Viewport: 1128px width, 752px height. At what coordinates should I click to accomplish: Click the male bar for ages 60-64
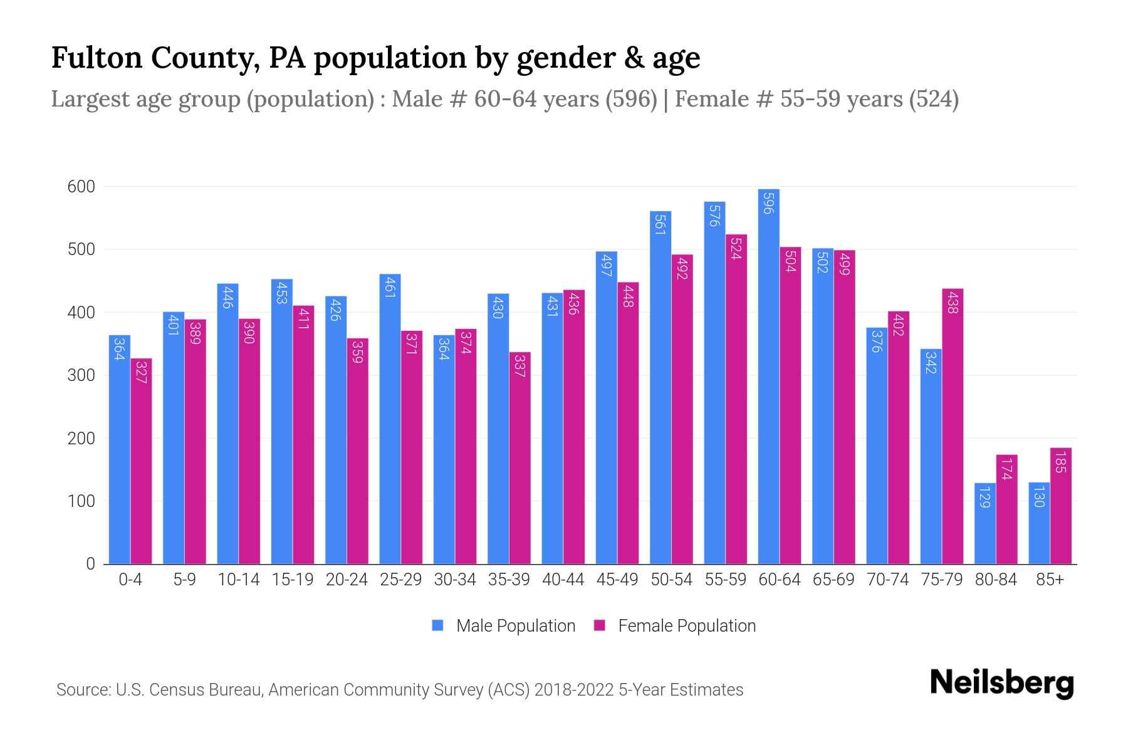click(768, 376)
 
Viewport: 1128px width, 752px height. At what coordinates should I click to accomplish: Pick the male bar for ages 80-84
click(985, 523)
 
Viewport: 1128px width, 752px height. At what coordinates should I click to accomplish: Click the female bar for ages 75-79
click(953, 426)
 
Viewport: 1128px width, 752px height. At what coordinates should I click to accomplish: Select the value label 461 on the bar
click(389, 287)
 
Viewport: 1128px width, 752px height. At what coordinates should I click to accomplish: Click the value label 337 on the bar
click(520, 365)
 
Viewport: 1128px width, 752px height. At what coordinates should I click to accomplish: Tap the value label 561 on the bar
click(660, 224)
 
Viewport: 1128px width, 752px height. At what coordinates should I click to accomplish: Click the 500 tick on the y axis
click(81, 249)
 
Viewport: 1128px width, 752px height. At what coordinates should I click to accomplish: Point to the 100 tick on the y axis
click(81, 501)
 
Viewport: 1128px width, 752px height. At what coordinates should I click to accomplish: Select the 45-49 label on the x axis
click(617, 580)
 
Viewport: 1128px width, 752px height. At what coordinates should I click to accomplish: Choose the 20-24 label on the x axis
click(347, 580)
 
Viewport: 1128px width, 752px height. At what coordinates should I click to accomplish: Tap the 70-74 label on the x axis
click(887, 580)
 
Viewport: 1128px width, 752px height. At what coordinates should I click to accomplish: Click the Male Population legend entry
click(515, 626)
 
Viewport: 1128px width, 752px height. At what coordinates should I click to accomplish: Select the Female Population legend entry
click(686, 626)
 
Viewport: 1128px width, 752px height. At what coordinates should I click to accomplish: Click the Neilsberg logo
click(1001, 683)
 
